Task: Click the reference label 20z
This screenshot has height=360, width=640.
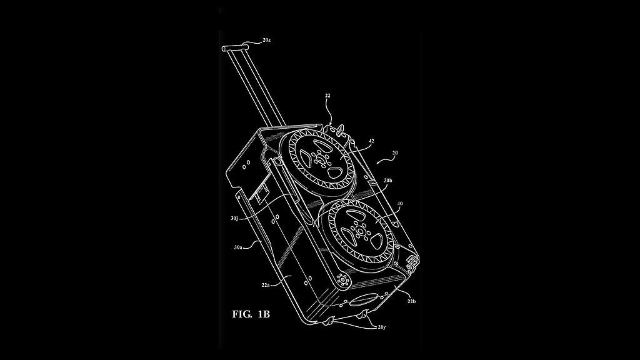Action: coord(267,40)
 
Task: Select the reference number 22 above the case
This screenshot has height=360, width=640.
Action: coord(327,96)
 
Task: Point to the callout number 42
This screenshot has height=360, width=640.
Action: coord(371,141)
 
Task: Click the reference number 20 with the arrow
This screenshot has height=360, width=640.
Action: coord(394,152)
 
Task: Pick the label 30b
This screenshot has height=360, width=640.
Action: coord(387,181)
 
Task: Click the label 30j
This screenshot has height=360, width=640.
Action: coord(234,218)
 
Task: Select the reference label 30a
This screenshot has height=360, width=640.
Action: coord(237,247)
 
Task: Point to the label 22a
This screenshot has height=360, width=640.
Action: coord(266,285)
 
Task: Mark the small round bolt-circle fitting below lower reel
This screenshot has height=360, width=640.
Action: coord(342,279)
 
